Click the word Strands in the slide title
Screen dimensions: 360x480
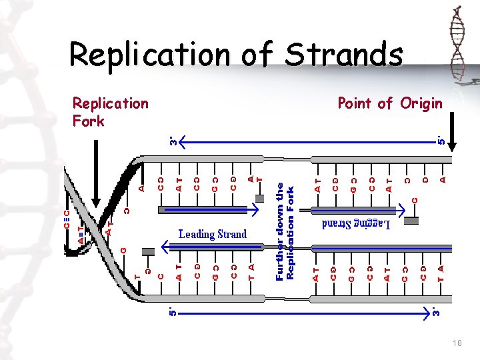click(x=343, y=54)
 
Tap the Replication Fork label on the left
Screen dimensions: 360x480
click(x=110, y=111)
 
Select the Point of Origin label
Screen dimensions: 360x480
click(x=389, y=103)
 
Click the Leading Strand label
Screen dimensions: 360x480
click(x=213, y=234)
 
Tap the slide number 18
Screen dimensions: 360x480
click(x=457, y=342)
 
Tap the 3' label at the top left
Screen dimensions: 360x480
click(x=173, y=141)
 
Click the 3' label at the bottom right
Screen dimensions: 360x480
click(x=435, y=311)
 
